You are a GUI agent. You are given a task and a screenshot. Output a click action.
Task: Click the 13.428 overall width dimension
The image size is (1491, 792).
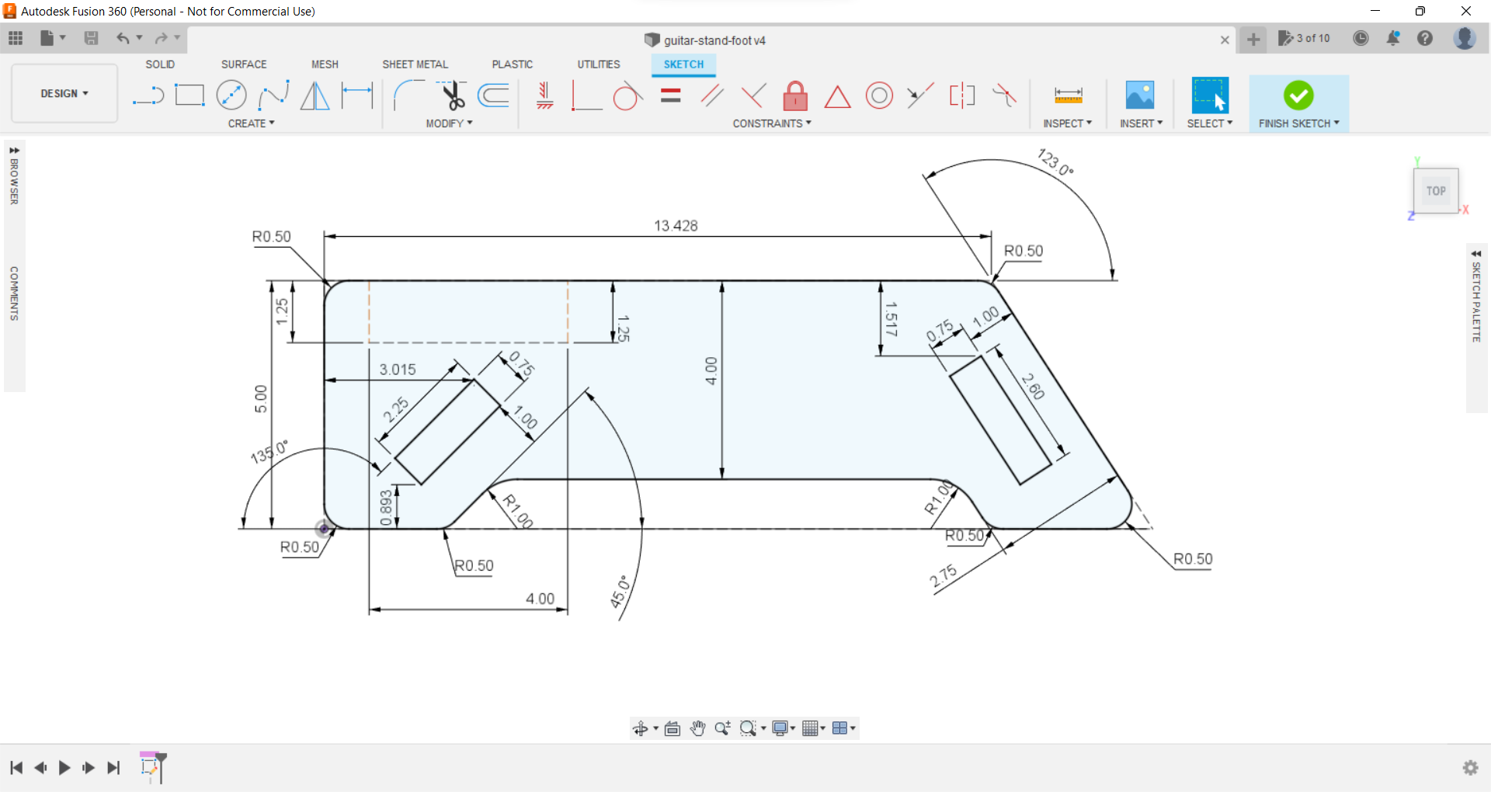676,226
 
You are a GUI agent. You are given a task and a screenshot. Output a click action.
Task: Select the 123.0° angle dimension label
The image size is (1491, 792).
1055,162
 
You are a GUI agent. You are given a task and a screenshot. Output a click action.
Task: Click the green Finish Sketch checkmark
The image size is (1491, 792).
1298,96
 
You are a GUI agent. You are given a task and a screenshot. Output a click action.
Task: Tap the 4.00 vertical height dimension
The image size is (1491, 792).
711,371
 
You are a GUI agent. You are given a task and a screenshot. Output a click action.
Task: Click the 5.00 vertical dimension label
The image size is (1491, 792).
261,398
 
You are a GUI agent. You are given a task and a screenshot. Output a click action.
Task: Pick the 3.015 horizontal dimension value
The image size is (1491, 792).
398,370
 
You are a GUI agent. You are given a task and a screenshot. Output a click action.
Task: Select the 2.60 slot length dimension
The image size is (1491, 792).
1033,386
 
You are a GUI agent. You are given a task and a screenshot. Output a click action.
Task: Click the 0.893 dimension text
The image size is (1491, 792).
386,508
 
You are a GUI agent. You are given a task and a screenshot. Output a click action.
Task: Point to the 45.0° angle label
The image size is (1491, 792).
620,592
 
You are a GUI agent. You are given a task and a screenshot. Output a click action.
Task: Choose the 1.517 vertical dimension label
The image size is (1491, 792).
891,319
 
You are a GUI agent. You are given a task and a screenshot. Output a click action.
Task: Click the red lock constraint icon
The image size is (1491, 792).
795,97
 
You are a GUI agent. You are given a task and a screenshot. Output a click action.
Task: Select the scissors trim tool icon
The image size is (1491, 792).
453,96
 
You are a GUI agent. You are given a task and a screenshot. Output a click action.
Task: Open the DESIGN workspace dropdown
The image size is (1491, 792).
64,93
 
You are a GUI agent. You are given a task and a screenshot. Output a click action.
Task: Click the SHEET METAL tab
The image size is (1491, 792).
415,64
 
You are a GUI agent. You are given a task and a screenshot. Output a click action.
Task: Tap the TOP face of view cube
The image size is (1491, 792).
1436,191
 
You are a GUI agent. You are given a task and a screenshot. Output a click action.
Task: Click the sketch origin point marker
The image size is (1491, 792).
324,529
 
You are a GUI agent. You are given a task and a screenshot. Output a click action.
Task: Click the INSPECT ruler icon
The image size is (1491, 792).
1068,96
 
